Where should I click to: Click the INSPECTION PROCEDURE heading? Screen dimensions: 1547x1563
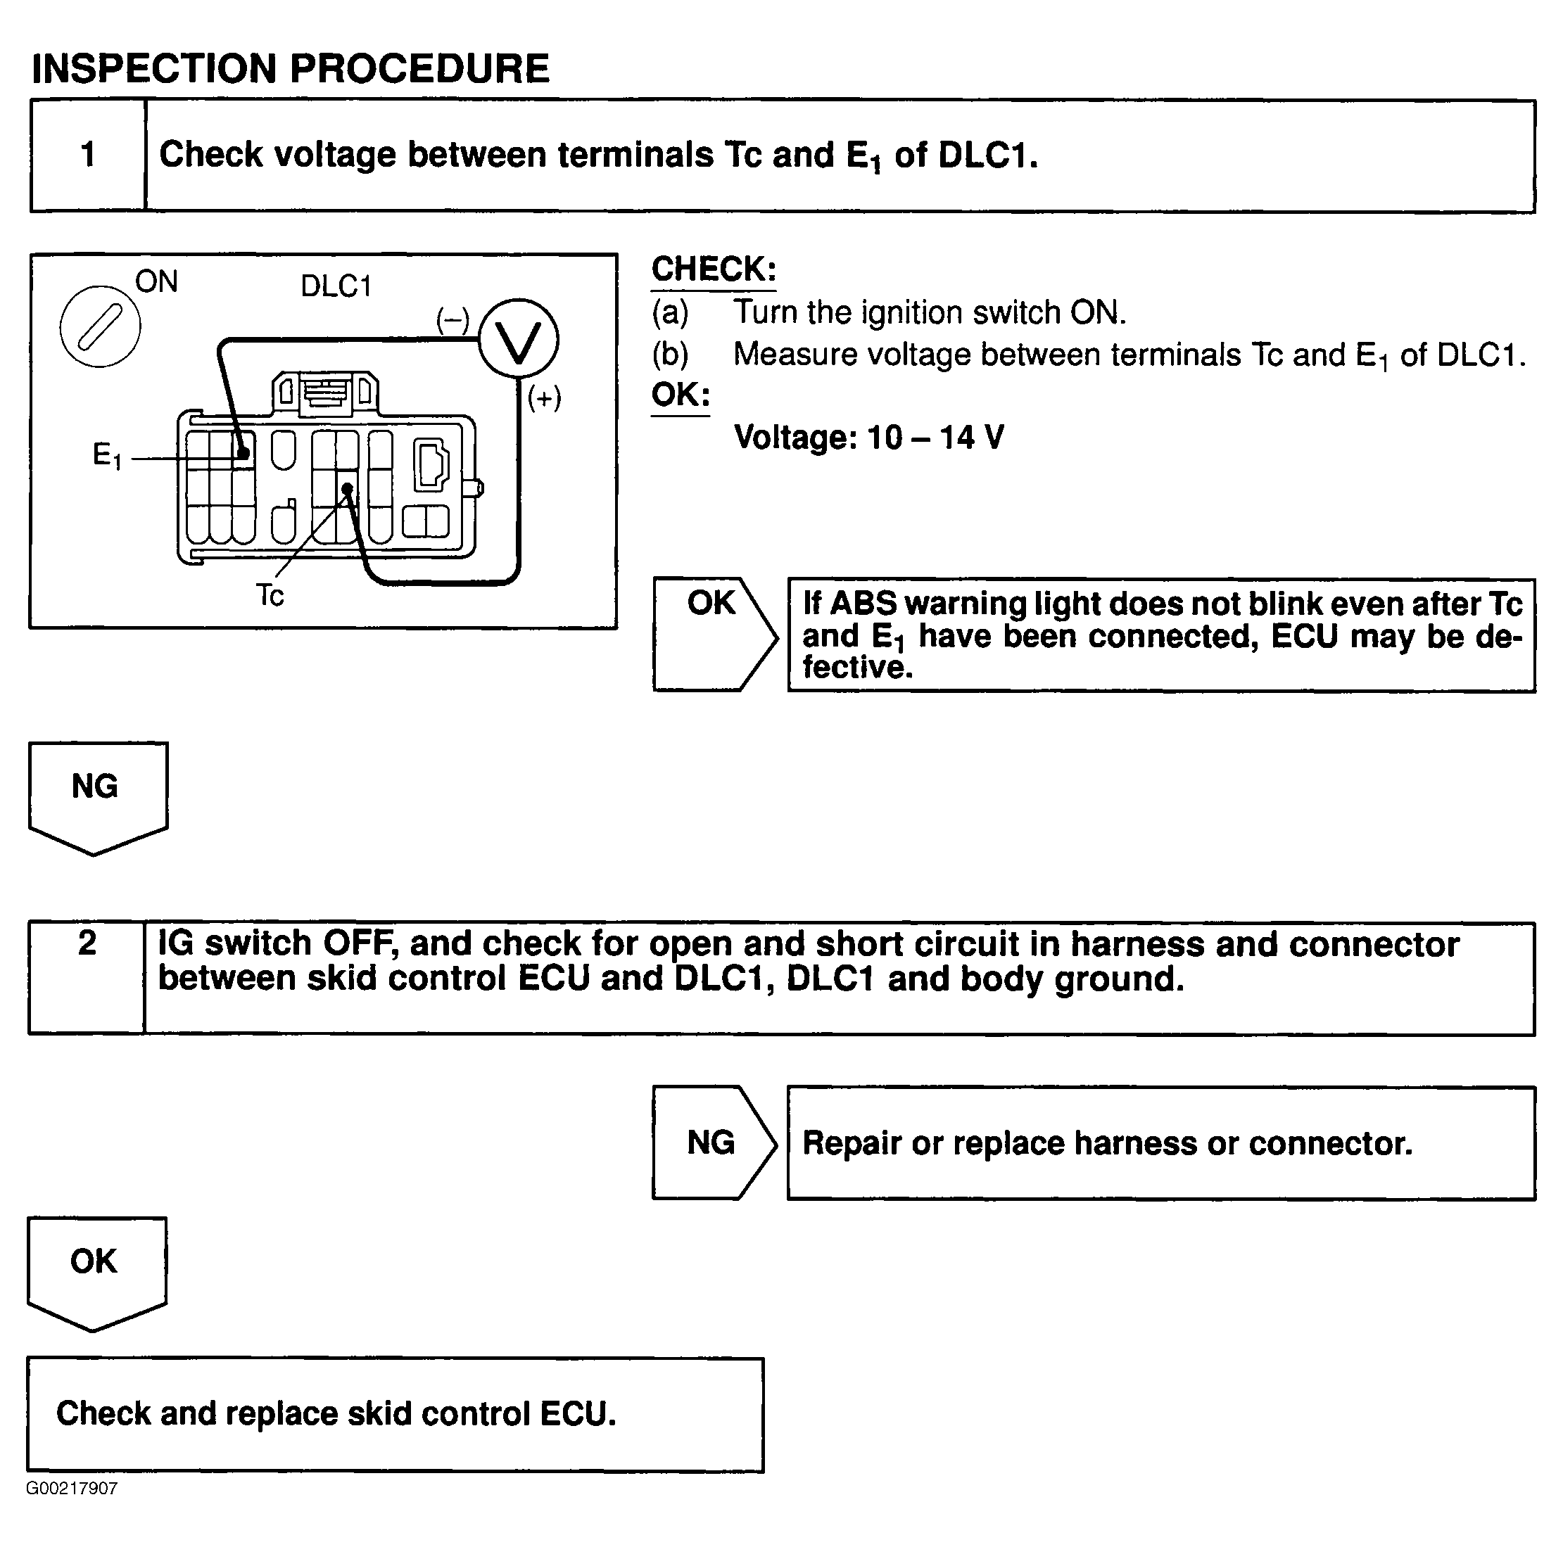(290, 68)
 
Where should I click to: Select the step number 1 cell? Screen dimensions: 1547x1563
(88, 155)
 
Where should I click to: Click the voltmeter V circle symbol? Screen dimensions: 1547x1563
(518, 340)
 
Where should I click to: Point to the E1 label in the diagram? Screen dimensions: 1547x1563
(107, 455)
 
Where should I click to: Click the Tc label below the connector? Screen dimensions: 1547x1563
(270, 595)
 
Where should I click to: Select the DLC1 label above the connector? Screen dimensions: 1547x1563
(336, 286)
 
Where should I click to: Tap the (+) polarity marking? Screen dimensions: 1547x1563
(544, 398)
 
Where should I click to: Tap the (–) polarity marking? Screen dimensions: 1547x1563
(453, 319)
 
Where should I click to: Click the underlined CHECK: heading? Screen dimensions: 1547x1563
(714, 269)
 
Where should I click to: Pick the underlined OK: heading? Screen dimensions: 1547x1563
(681, 395)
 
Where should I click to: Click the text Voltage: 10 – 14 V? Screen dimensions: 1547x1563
(869, 438)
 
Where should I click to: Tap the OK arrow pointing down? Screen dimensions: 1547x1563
(96, 1271)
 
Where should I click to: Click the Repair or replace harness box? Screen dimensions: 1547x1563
(1160, 1142)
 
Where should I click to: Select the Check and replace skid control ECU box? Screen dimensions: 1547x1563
(395, 1413)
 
